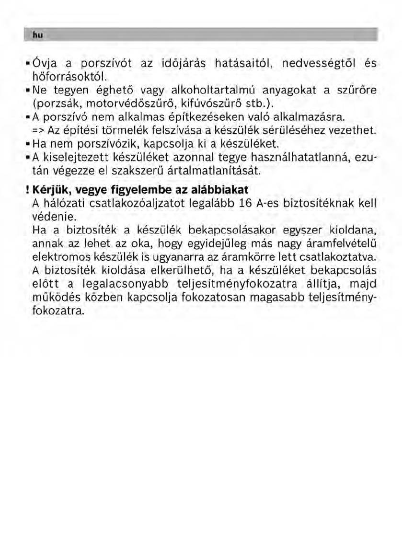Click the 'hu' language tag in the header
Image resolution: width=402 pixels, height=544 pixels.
pos(35,35)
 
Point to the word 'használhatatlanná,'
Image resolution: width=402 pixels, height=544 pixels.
pos(301,157)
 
